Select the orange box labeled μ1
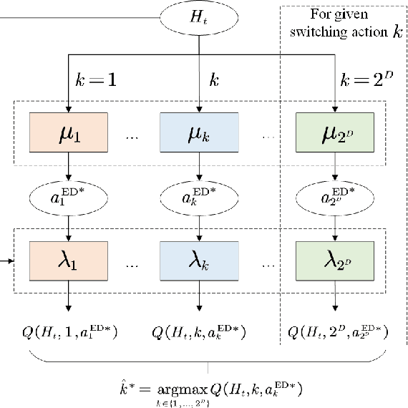[x=68, y=134]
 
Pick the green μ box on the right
[x=334, y=134]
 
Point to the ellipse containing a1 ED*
[x=68, y=198]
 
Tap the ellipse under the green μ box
[x=334, y=198]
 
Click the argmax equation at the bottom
[x=208, y=391]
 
